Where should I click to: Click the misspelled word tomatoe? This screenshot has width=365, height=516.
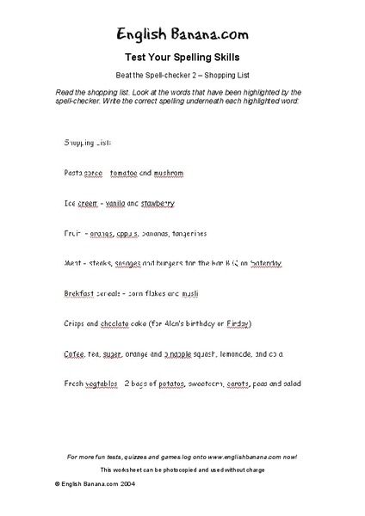(128, 173)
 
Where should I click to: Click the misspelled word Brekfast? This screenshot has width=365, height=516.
(83, 293)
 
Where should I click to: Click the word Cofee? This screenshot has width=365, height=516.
(74, 353)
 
